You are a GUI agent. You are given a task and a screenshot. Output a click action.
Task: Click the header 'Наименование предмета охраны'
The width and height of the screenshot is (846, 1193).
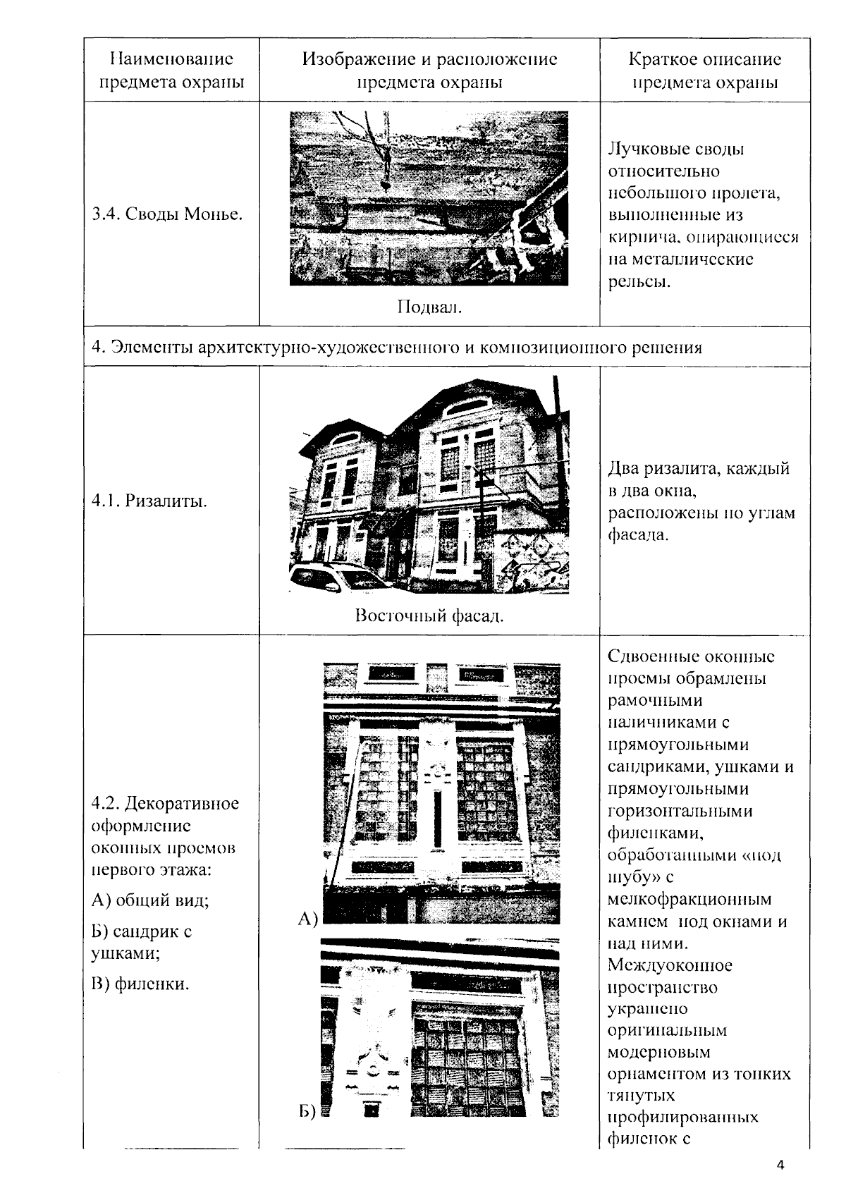pyautogui.click(x=171, y=70)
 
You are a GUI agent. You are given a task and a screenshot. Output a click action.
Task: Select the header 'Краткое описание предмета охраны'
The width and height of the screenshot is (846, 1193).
pyautogui.click(x=704, y=70)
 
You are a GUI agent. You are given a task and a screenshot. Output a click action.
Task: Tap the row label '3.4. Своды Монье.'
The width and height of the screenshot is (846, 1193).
pyautogui.click(x=167, y=214)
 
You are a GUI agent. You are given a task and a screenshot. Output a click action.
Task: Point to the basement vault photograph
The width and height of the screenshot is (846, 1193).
pyautogui.click(x=429, y=198)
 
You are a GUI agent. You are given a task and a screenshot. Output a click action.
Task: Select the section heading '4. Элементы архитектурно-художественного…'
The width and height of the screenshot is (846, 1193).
pyautogui.click(x=397, y=347)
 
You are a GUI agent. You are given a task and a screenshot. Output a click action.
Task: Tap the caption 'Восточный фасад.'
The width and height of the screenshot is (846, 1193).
pyautogui.click(x=429, y=616)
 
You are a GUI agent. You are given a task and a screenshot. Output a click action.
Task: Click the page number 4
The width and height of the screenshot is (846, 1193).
pyautogui.click(x=780, y=1164)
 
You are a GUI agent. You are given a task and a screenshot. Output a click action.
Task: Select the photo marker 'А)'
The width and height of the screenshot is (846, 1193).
pyautogui.click(x=309, y=917)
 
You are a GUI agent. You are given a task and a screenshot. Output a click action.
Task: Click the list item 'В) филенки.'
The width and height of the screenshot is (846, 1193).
pyautogui.click(x=140, y=983)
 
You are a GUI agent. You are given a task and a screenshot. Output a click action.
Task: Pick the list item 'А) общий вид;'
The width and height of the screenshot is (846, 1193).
pyautogui.click(x=150, y=900)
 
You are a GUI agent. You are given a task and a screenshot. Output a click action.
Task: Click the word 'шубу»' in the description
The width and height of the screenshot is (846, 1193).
pyautogui.click(x=630, y=877)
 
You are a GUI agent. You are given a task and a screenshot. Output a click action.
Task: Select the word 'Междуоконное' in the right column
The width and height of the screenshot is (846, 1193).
pyautogui.click(x=670, y=965)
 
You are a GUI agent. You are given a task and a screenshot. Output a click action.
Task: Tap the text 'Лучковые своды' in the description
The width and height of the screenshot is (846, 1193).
pyautogui.click(x=675, y=149)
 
